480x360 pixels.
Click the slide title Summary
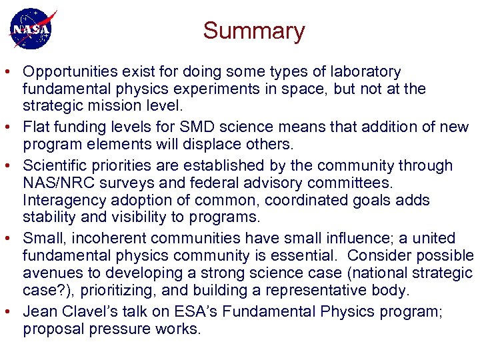[253, 31]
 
